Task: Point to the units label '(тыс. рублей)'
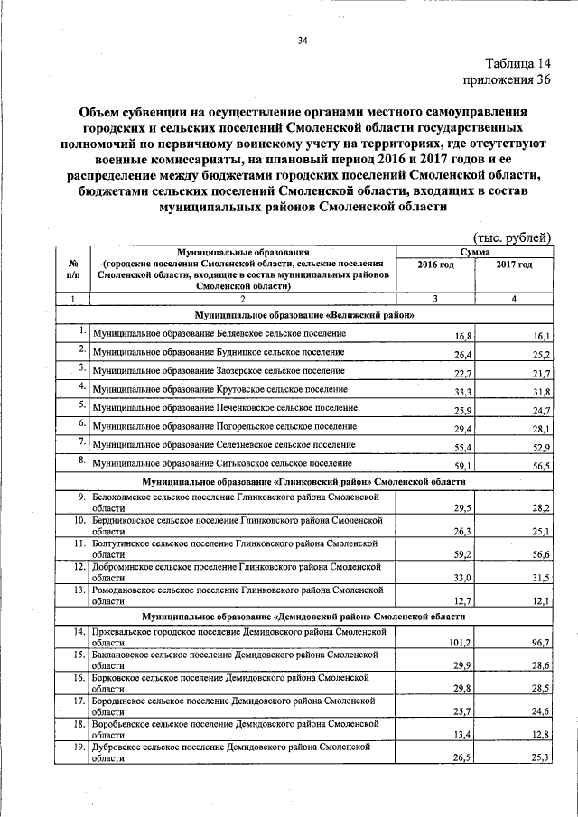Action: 512,237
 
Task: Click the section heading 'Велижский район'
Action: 304,315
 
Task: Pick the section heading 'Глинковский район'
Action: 304,482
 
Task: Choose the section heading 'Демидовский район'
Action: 304,617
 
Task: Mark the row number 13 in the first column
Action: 79,589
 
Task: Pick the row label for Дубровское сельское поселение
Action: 233,752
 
